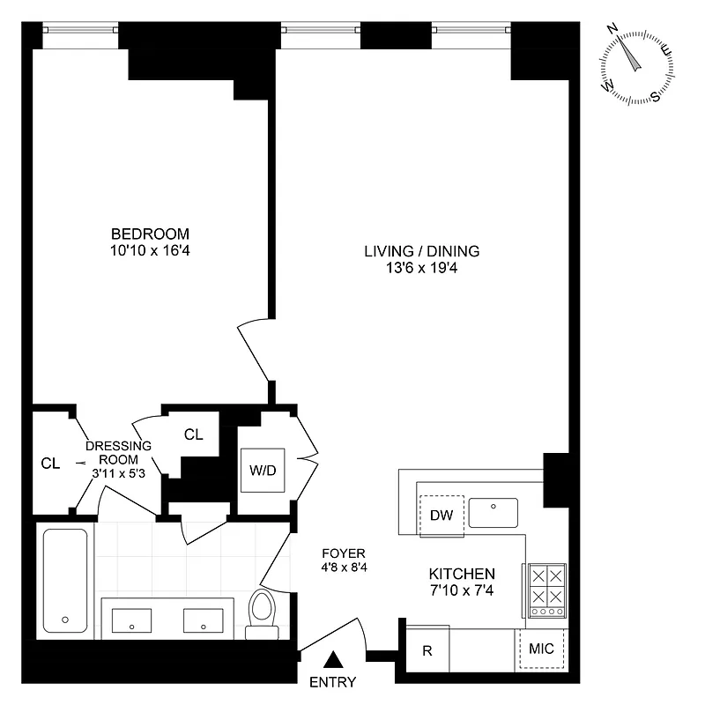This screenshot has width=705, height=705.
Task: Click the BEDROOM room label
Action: coord(150,234)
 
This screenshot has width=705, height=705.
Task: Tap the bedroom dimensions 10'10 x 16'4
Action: coord(150,250)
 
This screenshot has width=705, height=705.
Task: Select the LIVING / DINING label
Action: coord(422,251)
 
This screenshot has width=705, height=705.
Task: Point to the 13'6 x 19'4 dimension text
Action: coord(422,268)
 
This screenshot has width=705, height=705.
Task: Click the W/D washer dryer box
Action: coord(263,470)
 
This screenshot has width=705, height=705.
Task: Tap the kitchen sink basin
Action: coord(493,512)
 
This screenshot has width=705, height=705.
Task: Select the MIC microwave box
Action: coord(541,649)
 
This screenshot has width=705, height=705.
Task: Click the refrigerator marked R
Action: coord(427,651)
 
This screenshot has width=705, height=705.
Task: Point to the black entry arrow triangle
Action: coord(334,658)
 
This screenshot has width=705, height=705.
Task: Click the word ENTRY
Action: coord(333,682)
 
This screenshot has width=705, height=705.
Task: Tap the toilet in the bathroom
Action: coord(262,612)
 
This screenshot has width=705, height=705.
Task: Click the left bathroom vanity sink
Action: coord(131,620)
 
